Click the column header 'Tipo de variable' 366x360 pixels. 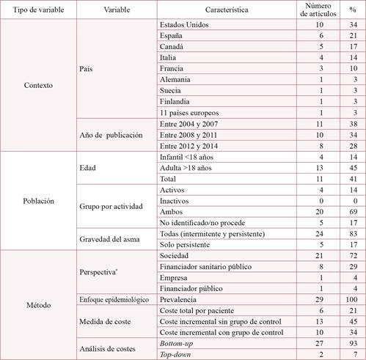(x=37, y=10)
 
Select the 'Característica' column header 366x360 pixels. (x=227, y=10)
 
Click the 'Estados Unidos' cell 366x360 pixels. (x=183, y=24)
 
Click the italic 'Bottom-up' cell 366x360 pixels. (x=178, y=344)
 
